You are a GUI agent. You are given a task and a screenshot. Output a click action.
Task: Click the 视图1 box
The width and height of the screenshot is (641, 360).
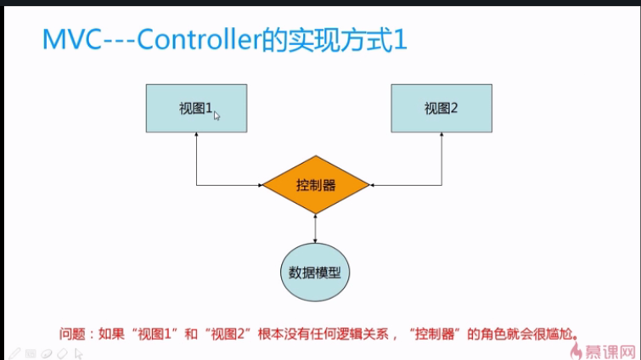[x=195, y=108]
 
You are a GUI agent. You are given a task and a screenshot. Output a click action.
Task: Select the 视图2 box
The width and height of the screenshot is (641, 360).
[x=441, y=108]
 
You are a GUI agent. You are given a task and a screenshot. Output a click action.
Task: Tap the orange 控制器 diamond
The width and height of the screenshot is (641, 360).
[x=315, y=184]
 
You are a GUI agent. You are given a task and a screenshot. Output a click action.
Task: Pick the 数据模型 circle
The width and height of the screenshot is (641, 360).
[x=315, y=273]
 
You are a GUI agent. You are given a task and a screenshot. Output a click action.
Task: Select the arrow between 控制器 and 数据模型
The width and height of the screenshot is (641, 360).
[x=315, y=229]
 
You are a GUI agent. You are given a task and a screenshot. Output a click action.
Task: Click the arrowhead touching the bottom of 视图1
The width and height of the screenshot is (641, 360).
[x=196, y=137]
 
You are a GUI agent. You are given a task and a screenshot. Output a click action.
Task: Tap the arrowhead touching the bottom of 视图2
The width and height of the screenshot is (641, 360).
[x=441, y=137]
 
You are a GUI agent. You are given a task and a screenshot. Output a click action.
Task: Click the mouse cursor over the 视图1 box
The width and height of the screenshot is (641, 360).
[x=216, y=115]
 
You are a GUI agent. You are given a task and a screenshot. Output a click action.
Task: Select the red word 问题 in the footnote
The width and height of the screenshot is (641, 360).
[x=71, y=332]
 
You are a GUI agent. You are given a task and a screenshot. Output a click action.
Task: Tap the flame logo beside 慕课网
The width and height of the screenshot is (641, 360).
[x=582, y=347]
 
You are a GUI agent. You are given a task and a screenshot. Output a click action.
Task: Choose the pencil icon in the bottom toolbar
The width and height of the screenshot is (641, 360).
[x=14, y=352]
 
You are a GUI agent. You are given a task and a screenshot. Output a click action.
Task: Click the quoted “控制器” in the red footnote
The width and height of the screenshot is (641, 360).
[x=437, y=332]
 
